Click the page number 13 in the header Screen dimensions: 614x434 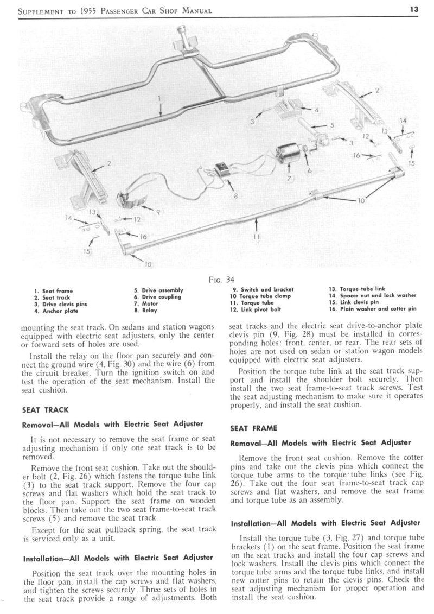click(421, 9)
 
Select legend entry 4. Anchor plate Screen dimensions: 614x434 click(55, 312)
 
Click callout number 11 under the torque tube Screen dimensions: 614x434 click(256, 237)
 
